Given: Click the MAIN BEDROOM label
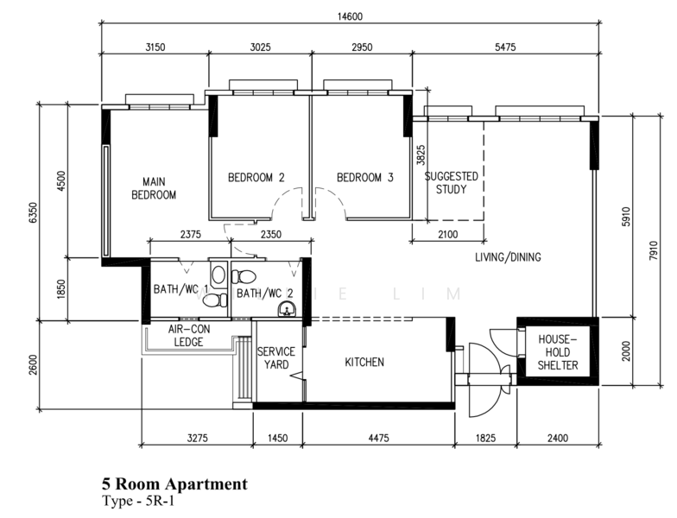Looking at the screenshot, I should click(153, 188).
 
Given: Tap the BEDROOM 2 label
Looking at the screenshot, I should click(256, 178).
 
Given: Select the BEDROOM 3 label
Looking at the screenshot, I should click(364, 178).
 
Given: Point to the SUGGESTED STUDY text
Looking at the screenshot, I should click(452, 182).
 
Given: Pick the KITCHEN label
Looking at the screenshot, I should click(364, 363).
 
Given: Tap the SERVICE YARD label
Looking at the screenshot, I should click(276, 358).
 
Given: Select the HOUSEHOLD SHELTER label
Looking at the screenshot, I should click(557, 352).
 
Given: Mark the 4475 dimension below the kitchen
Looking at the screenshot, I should click(378, 439).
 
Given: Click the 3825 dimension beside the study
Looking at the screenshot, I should click(421, 155).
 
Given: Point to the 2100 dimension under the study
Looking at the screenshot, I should click(447, 234).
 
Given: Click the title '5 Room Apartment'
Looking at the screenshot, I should click(174, 484).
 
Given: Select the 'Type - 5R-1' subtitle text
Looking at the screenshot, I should click(138, 501).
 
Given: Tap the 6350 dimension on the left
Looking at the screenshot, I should click(32, 213).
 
